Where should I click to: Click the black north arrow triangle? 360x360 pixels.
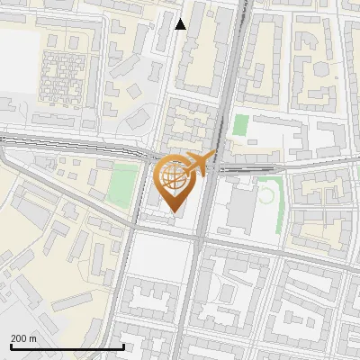pos(181,24)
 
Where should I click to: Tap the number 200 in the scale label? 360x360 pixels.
pos(19,338)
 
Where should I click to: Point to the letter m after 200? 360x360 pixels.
pos(32,338)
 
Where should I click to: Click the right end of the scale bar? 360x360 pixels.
pos(123,346)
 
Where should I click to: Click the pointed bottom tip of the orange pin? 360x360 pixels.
pos(174,212)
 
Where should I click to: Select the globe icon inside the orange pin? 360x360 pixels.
pos(174,176)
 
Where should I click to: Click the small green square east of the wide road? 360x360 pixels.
pos(240,125)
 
